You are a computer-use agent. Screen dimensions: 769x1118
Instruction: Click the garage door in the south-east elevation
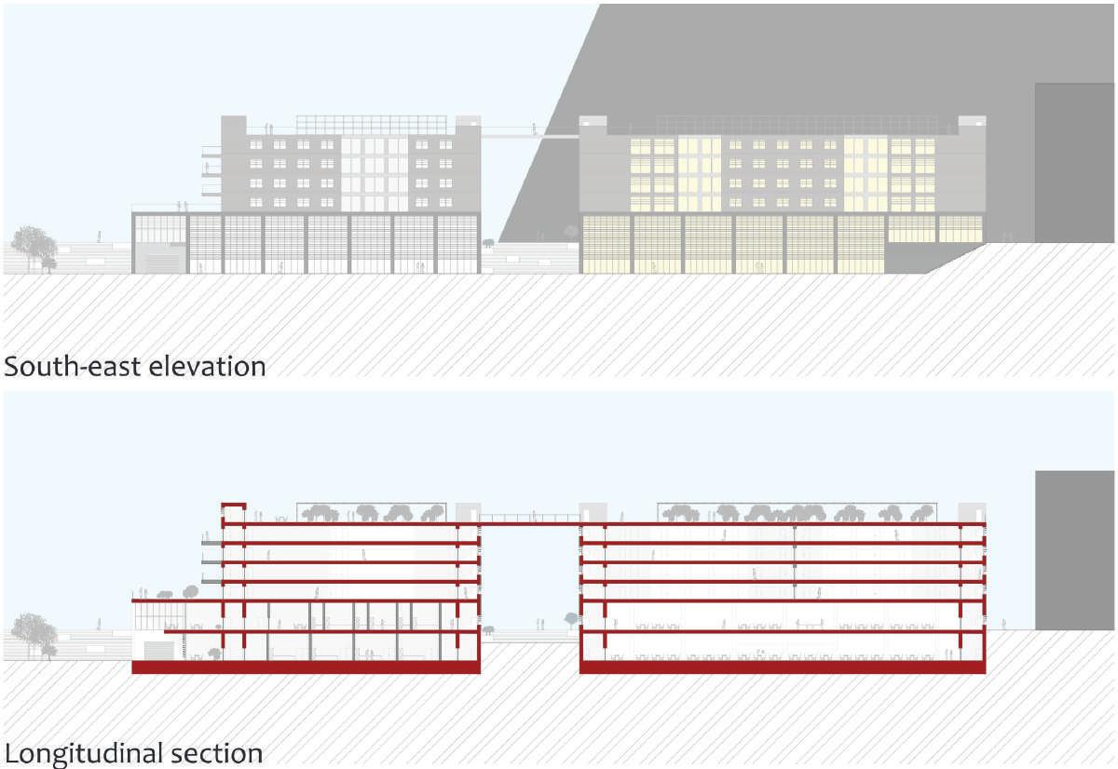tap(161, 264)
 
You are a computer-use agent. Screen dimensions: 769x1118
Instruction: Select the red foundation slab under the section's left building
tap(306, 667)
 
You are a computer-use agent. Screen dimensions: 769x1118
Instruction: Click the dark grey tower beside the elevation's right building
tap(1074, 163)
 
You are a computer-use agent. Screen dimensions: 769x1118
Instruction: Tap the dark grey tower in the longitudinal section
tap(1074, 549)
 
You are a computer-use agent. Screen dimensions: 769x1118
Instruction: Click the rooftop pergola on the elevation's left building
tap(372, 125)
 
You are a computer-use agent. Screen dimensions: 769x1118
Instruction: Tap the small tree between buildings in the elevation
tap(487, 243)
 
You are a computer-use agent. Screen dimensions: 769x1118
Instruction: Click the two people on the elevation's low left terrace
tap(183, 205)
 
